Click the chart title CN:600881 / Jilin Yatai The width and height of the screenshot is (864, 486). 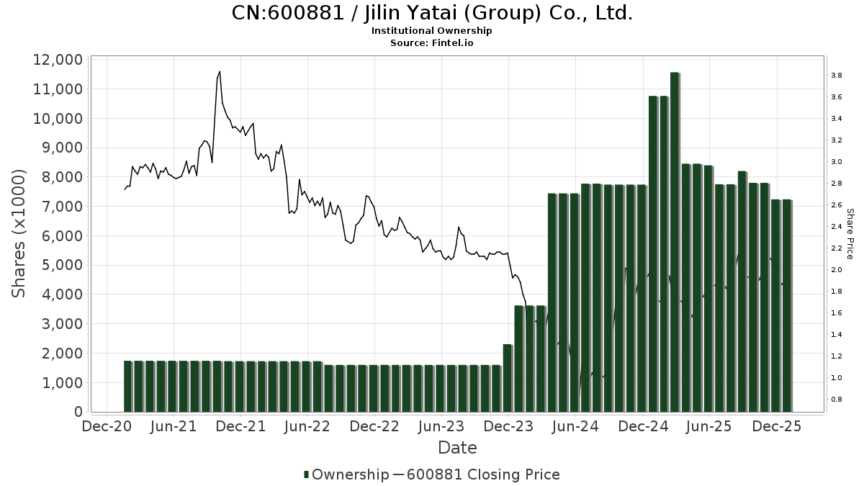coord(432,13)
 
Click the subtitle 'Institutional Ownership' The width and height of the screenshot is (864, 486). coord(432,31)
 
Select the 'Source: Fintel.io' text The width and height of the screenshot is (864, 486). coord(432,42)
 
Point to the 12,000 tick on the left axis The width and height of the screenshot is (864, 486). coord(58,60)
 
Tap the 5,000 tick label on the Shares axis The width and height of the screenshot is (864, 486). coord(58,265)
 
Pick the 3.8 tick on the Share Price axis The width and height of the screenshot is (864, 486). coord(837,76)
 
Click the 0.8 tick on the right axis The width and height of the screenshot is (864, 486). coord(837,400)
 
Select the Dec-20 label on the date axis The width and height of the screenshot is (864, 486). coord(107,427)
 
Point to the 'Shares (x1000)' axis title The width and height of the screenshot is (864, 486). coord(19,234)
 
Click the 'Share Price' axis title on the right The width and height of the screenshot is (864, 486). coord(850,234)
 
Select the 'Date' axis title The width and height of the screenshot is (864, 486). coord(457,448)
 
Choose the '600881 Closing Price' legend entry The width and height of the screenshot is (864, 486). coord(482,474)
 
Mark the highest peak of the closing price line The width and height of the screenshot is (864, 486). coord(219,71)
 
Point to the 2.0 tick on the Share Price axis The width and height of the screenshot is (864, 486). coord(837,270)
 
